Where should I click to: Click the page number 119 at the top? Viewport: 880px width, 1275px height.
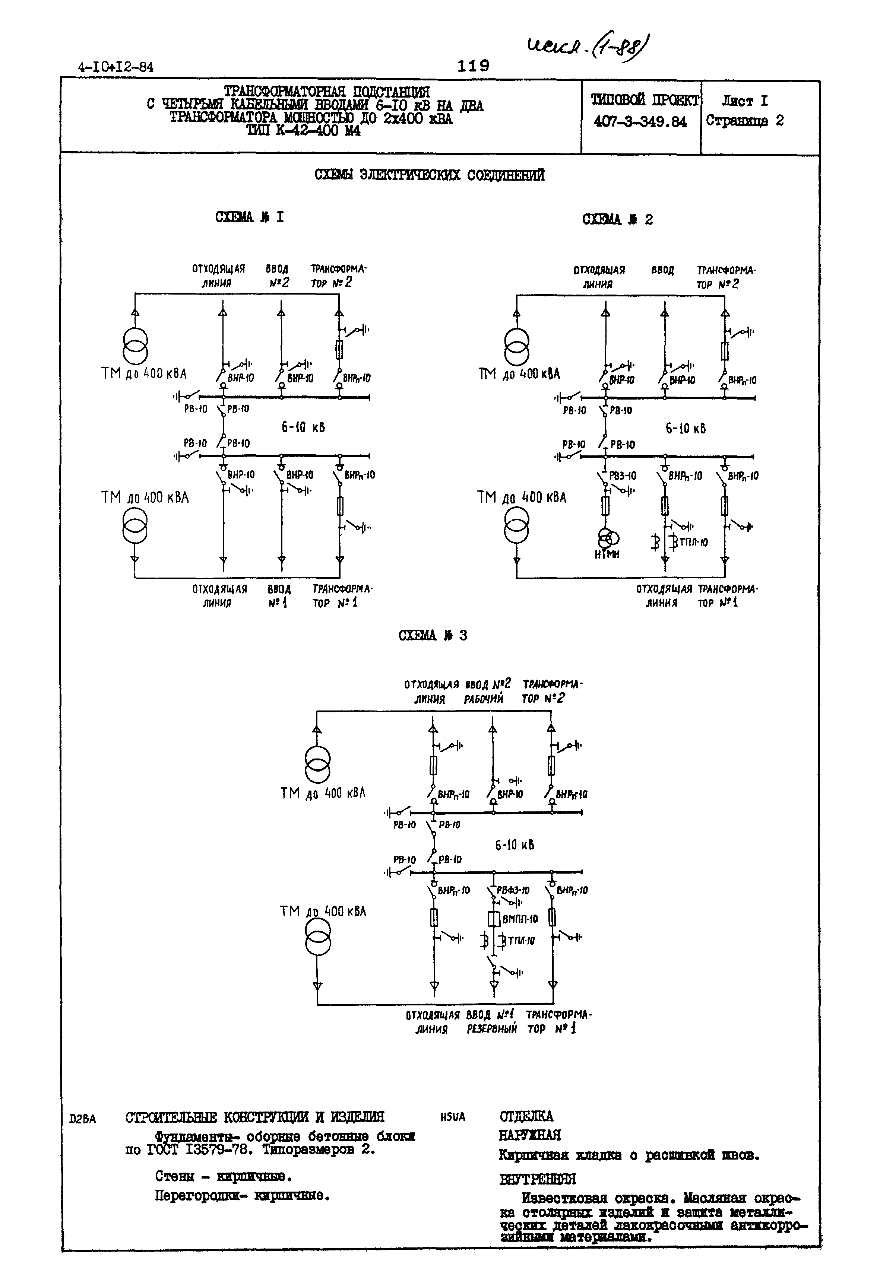[x=473, y=66]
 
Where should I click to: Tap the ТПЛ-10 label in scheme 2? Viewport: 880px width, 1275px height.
[x=693, y=542]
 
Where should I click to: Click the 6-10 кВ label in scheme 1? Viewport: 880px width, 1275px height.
[x=303, y=427]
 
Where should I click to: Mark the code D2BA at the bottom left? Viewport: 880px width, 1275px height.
[x=83, y=1119]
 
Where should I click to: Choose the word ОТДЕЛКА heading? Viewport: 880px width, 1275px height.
[x=526, y=1116]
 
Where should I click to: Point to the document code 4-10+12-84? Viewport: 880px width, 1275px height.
[x=116, y=67]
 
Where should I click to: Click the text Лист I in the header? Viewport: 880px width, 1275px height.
[x=744, y=101]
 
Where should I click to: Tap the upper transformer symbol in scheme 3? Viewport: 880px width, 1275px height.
[x=317, y=765]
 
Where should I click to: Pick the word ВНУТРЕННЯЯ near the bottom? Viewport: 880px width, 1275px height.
[x=538, y=1179]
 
